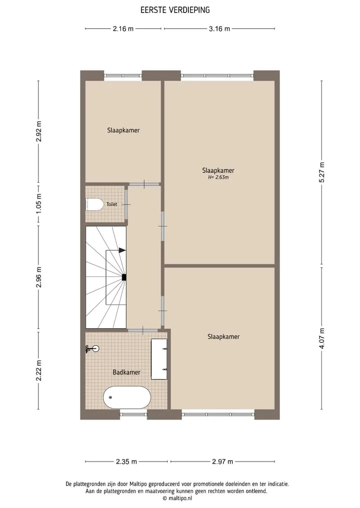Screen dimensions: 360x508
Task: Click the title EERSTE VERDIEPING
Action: tap(175, 10)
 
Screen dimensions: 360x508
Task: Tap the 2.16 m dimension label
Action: tap(123, 28)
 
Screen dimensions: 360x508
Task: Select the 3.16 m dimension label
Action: tap(219, 28)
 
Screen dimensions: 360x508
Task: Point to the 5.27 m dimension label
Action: tap(321, 172)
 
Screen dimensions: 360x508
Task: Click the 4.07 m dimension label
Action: tap(321, 338)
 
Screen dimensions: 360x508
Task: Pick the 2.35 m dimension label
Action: tap(126, 462)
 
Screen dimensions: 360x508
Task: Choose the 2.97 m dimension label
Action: tap(222, 462)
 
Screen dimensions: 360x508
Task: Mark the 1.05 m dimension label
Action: tap(39, 203)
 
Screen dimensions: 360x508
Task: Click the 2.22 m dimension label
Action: tap(39, 370)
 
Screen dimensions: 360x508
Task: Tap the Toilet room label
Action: tap(112, 204)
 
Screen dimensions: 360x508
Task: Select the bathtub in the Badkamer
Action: tap(127, 397)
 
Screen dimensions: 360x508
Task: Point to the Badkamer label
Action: tap(126, 372)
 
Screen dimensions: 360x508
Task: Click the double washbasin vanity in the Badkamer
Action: tap(159, 359)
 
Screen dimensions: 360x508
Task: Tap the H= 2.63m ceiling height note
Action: tap(218, 177)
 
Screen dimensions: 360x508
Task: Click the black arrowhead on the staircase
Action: tap(122, 250)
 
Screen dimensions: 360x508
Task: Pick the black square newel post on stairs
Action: tap(124, 277)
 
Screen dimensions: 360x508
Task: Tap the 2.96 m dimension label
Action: tap(39, 277)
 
